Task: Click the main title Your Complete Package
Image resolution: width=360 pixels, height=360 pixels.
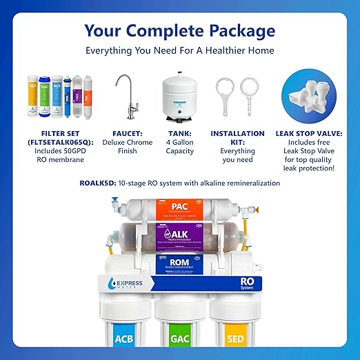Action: [179, 30]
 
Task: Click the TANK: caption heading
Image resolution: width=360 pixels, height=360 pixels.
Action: [175, 133]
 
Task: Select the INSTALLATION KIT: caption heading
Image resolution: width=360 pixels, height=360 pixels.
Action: [238, 138]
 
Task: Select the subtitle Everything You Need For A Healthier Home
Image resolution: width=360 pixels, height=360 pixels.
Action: [179, 50]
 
